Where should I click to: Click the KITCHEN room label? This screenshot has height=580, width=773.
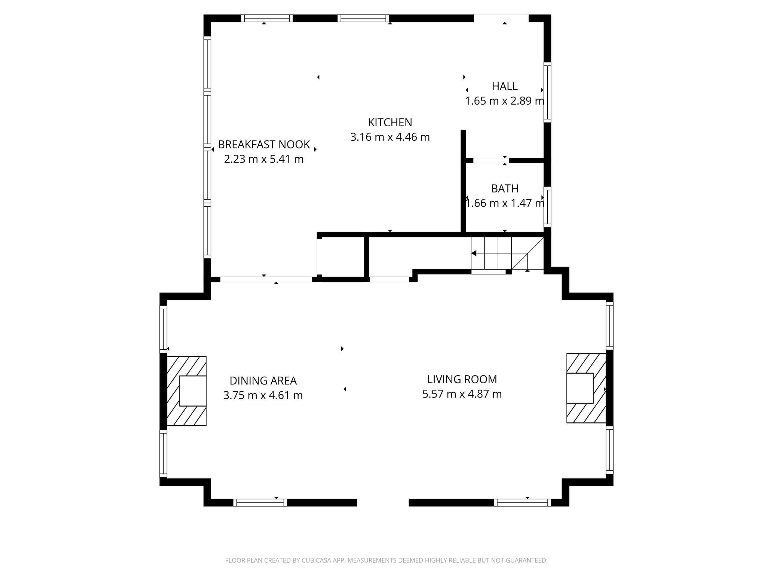(390, 122)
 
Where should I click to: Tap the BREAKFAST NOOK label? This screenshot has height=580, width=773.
(264, 144)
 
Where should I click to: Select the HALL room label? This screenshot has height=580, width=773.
(505, 86)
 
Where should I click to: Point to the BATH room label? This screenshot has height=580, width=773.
(505, 189)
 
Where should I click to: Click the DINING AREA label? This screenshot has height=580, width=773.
(263, 381)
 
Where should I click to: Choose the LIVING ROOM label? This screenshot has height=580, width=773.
(462, 379)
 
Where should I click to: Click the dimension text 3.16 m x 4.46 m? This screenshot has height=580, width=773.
(390, 137)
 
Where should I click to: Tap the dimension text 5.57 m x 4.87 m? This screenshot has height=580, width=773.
(462, 394)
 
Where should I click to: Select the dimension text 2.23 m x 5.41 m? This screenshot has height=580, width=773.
(264, 159)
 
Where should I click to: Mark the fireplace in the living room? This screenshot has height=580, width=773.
(586, 388)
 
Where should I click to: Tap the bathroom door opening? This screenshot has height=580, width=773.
(491, 160)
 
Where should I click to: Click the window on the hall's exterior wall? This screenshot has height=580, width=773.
(548, 92)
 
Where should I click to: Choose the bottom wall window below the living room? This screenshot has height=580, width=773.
(522, 503)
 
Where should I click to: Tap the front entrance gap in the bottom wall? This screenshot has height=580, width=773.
(383, 503)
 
